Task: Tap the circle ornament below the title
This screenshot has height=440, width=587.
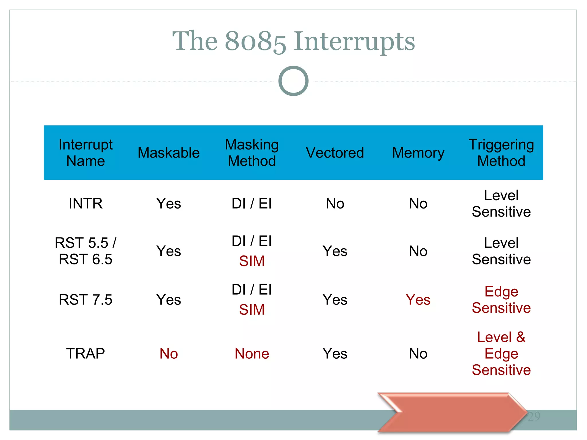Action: pos(293,81)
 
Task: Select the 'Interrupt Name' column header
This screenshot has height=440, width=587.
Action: pos(85,153)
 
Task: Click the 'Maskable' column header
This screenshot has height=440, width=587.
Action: pos(169,153)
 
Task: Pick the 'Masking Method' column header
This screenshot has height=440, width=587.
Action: pos(252,153)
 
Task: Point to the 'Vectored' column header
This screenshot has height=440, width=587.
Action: pos(335,153)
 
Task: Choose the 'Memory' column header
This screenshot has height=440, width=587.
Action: pos(418,153)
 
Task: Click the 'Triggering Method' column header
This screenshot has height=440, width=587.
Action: pos(501,153)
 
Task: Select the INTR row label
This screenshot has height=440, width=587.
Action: pos(85,204)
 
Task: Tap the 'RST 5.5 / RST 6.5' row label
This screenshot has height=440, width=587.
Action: pos(85,251)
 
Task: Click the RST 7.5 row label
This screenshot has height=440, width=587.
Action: pos(85,300)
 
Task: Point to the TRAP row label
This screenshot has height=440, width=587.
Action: pos(85,353)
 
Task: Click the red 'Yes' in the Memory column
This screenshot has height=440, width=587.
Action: pos(418,300)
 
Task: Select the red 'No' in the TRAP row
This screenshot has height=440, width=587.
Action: pos(169,353)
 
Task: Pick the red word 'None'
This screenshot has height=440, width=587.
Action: pos(252,353)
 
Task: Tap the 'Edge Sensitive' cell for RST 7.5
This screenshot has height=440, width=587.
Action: pos(501,300)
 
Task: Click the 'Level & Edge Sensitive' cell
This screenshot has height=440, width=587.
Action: pos(501,353)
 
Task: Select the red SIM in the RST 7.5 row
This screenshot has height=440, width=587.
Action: pos(252,310)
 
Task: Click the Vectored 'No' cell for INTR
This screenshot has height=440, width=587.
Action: pos(335,204)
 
